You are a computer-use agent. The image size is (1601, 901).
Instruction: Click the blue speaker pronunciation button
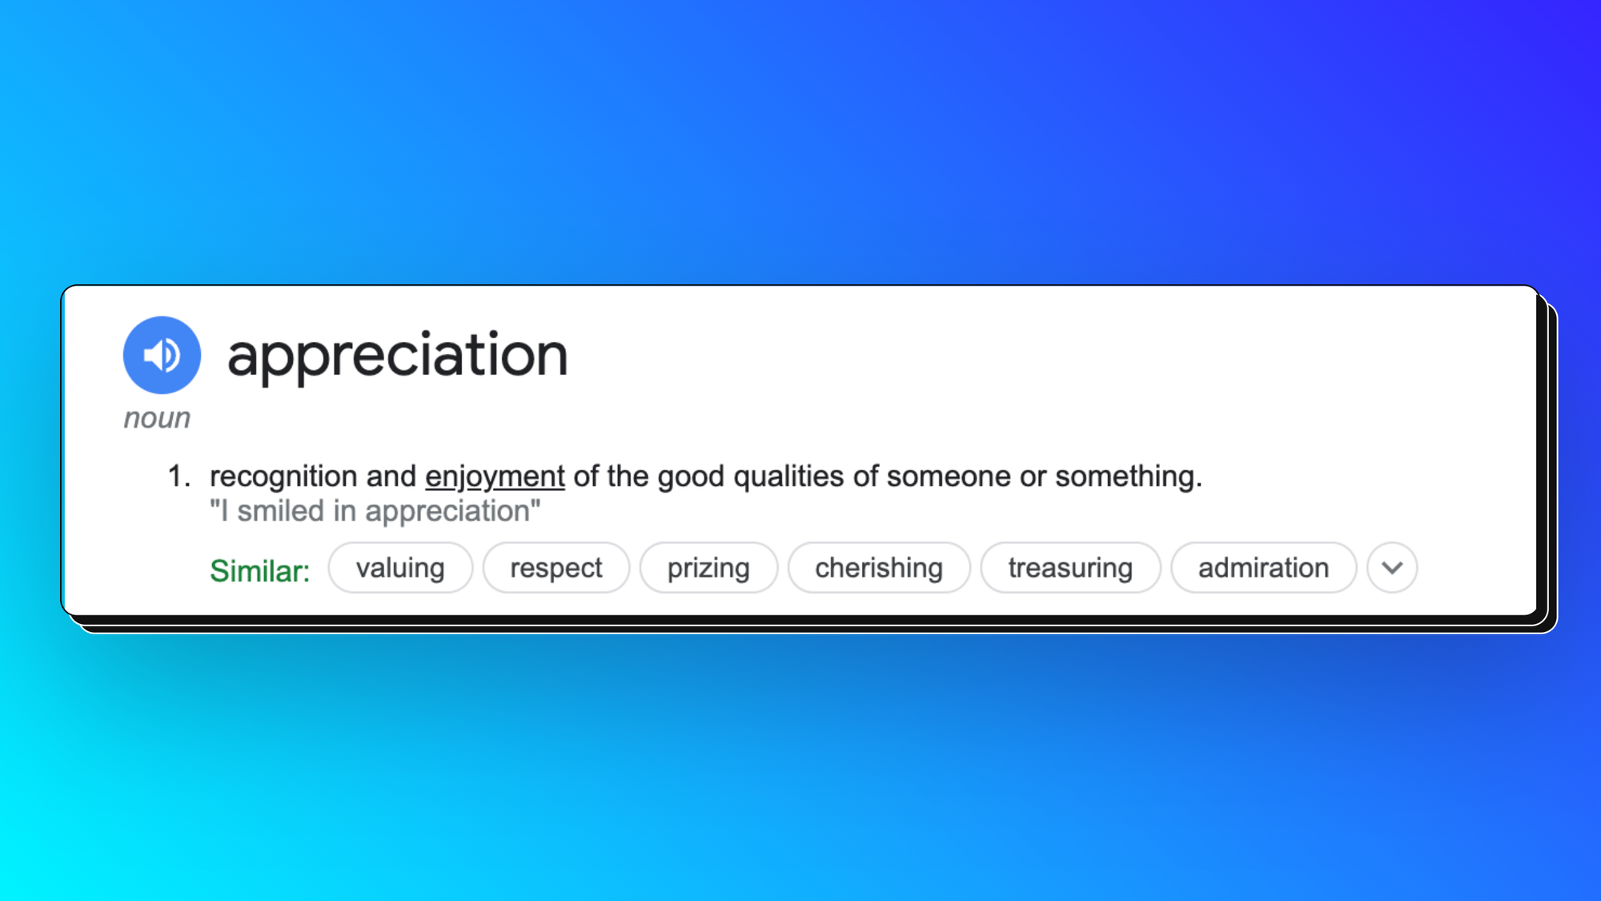[162, 355]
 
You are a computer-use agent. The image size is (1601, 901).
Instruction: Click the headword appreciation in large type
[398, 356]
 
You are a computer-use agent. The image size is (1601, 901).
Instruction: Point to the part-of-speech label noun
[157, 418]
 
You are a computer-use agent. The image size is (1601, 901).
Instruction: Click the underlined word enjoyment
[495, 477]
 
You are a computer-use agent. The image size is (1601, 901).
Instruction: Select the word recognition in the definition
[283, 477]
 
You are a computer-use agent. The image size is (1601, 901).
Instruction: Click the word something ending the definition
[1129, 477]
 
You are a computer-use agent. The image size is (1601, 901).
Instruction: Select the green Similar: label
[259, 571]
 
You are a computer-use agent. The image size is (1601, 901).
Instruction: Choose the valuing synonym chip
[400, 568]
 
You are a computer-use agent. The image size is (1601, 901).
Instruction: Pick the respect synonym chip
[556, 568]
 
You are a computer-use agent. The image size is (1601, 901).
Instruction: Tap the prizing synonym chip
[708, 568]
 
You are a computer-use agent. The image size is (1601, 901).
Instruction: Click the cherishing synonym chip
[879, 568]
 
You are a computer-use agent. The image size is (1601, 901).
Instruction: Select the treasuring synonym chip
[1070, 568]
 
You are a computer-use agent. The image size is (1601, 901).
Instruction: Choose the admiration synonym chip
[1263, 568]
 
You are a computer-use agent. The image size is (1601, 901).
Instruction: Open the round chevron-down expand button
[1392, 568]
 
